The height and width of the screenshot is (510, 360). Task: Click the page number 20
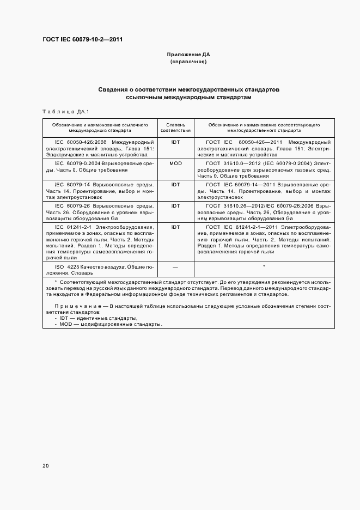46,466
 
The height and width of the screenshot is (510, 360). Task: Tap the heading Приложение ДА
188,55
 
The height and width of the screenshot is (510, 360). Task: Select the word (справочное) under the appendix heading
188,62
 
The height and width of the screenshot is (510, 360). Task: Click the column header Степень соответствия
175,127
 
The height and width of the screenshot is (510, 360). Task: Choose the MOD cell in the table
175,163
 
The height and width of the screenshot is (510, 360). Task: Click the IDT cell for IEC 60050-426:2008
175,142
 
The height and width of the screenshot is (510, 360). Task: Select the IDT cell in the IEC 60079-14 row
175,185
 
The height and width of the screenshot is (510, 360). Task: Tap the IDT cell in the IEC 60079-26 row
175,206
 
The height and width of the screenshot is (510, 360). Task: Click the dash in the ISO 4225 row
175,266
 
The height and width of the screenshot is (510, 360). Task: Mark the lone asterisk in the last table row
264,266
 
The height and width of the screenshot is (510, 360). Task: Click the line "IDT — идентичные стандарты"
98,318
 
